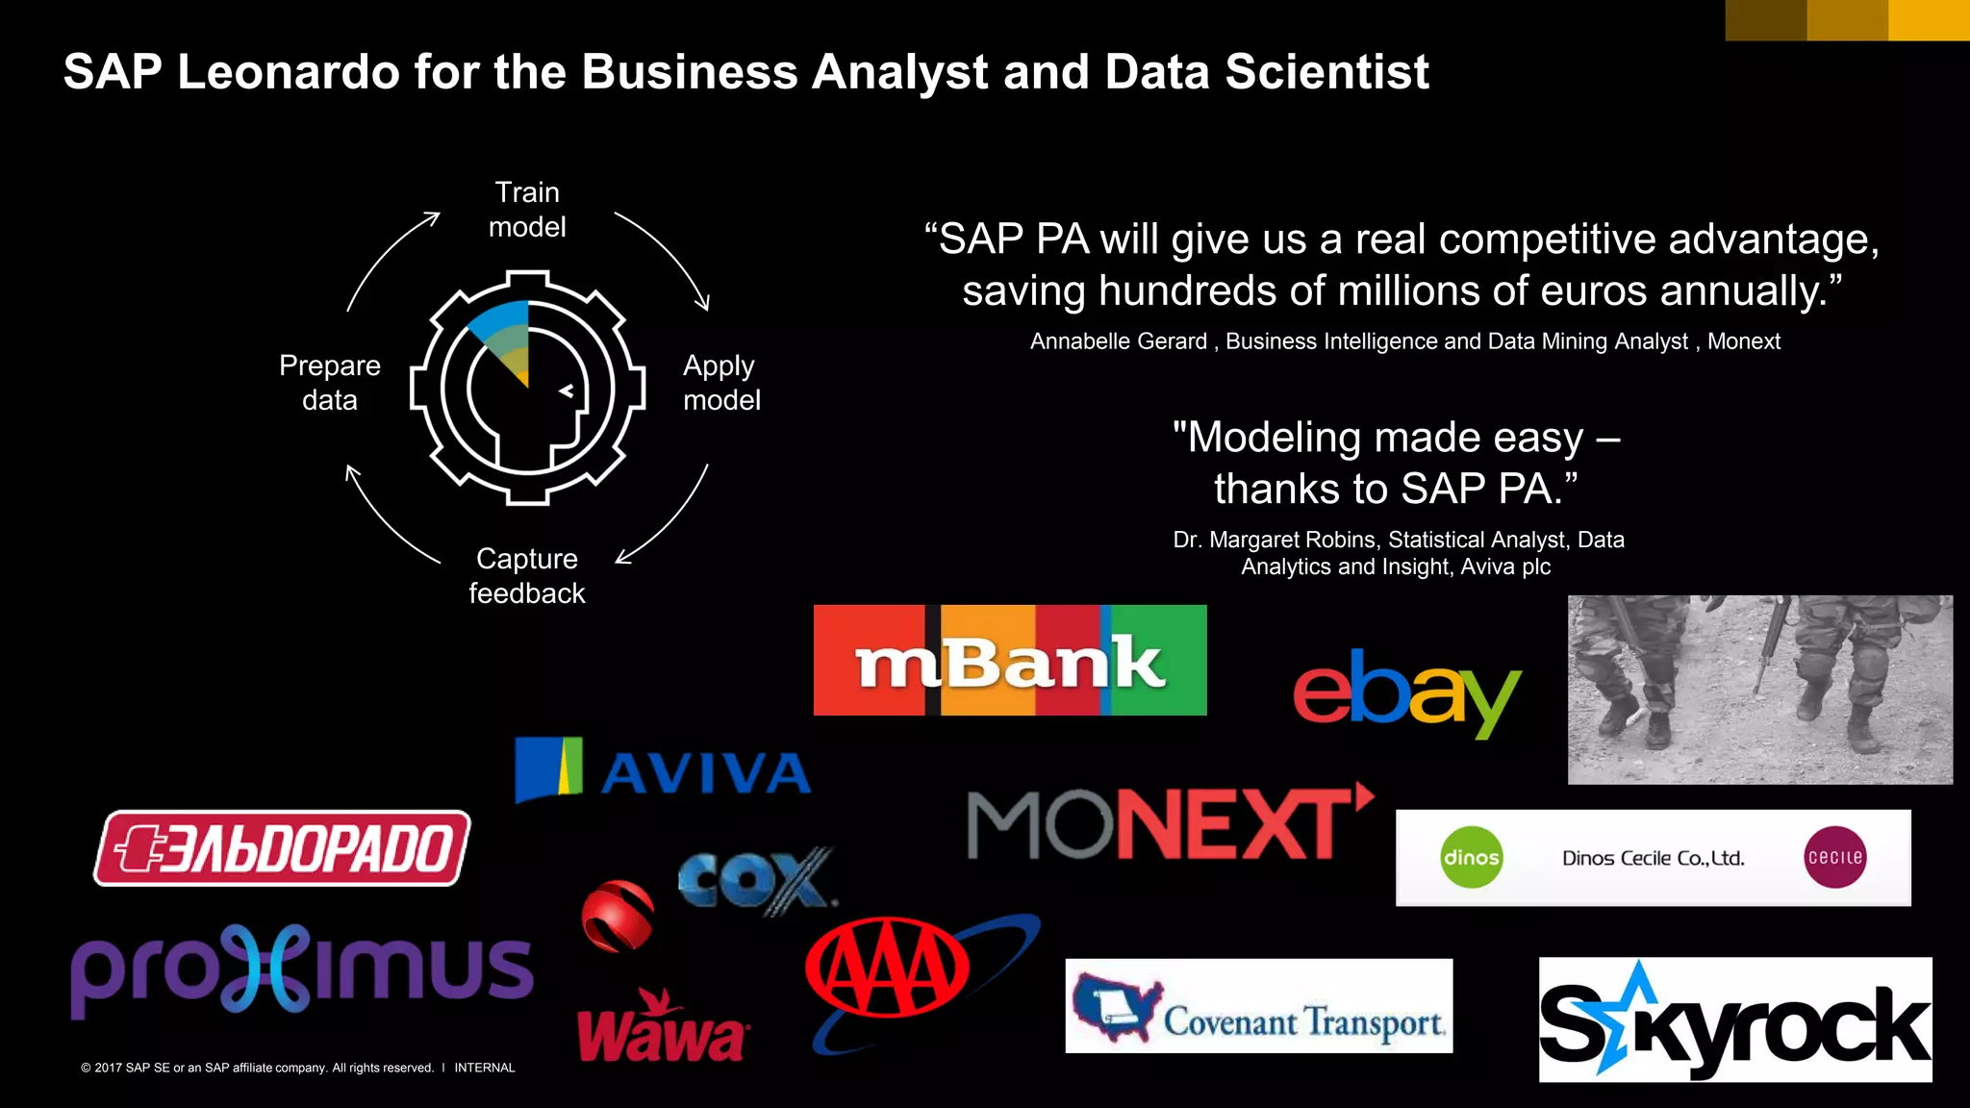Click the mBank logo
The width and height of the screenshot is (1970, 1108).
[1010, 661]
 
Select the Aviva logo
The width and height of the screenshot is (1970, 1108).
[663, 770]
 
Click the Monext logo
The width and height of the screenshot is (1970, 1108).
[1169, 823]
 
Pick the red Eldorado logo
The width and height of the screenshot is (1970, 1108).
[282, 848]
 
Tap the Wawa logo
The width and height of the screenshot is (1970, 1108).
[662, 1030]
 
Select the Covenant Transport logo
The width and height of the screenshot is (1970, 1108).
[1258, 1007]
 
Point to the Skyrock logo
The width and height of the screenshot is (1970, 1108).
[1734, 1020]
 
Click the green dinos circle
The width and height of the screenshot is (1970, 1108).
[1471, 857]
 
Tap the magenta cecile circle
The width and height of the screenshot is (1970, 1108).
[1834, 857]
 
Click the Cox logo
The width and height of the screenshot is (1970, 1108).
[755, 880]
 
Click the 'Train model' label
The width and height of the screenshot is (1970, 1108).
[527, 210]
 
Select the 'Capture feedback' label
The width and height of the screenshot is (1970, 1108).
[527, 576]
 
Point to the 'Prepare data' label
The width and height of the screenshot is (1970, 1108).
[330, 383]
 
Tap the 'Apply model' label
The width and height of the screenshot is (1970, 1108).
[721, 383]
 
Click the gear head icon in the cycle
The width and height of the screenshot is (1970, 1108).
[527, 388]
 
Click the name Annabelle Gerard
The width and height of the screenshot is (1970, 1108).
[1118, 341]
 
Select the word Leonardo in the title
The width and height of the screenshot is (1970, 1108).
[289, 72]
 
